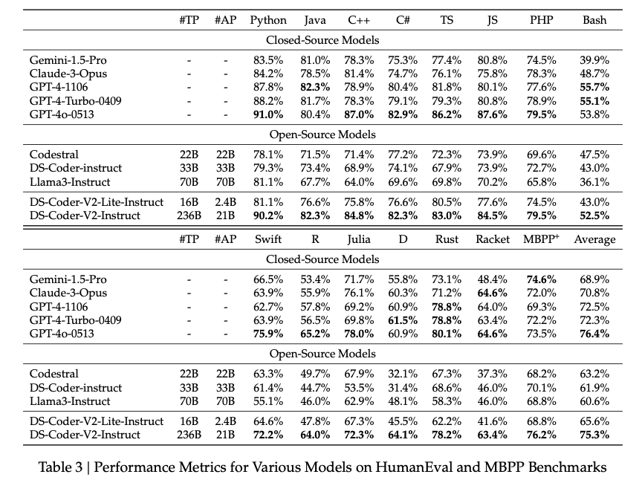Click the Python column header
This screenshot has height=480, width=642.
click(x=268, y=20)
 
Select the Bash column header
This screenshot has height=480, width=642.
click(x=594, y=20)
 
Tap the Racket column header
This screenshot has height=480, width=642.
click(x=492, y=239)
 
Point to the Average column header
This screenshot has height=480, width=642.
click(x=594, y=239)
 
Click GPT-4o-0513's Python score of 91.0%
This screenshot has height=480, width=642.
click(x=268, y=114)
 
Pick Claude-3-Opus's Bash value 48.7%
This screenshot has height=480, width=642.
click(x=594, y=73)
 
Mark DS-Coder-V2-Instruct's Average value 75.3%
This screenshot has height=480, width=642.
click(x=594, y=435)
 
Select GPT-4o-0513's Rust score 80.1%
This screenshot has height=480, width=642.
click(x=447, y=334)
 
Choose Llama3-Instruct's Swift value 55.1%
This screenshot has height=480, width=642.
click(x=268, y=401)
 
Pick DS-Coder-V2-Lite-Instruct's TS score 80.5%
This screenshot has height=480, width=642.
click(x=447, y=202)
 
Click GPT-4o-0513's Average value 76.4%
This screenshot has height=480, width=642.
click(x=594, y=334)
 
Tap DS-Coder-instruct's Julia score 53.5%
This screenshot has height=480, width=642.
click(x=359, y=388)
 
